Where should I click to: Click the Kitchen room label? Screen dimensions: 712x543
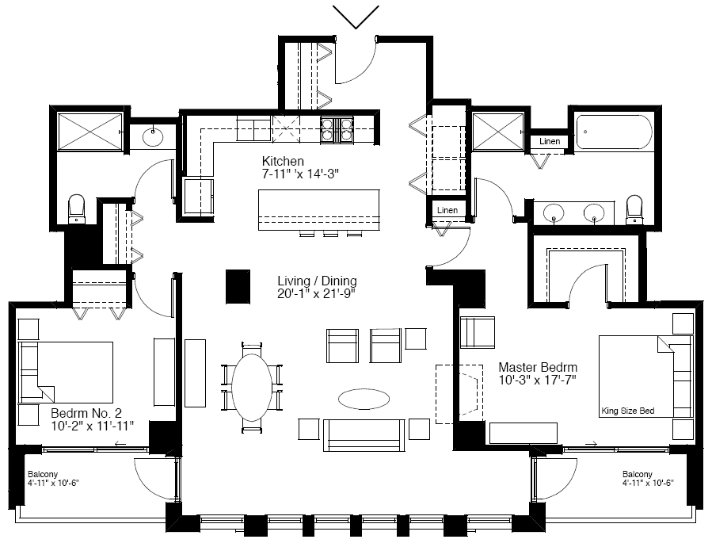coord(283,161)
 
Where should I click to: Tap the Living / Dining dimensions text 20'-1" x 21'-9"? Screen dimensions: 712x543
coord(317,294)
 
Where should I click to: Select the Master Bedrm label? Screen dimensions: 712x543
coord(538,367)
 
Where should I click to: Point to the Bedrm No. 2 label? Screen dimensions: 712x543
coord(86,413)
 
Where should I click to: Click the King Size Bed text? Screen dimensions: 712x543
coord(628,411)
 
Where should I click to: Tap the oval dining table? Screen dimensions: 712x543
coord(252,388)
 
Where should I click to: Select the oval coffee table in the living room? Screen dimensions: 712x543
coord(364,399)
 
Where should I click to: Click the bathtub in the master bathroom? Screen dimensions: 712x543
coord(614,132)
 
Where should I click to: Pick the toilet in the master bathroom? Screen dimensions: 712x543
coord(634,210)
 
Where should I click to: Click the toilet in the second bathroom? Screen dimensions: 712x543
coord(76,209)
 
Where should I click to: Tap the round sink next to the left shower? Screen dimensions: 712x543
coord(152,136)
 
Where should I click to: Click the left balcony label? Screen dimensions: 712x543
coord(53,479)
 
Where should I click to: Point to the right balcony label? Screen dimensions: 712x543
coord(648,479)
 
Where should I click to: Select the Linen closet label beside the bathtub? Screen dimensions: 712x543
coord(550,141)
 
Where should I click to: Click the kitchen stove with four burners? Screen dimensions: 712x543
coord(337,129)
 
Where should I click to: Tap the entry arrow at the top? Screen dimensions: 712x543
coord(356,17)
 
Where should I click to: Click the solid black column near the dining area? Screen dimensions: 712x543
coord(238,286)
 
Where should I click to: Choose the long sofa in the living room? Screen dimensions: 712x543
coord(364,435)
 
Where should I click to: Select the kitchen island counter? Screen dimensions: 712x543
coord(318,210)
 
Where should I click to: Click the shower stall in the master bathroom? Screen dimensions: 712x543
coord(498,132)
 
